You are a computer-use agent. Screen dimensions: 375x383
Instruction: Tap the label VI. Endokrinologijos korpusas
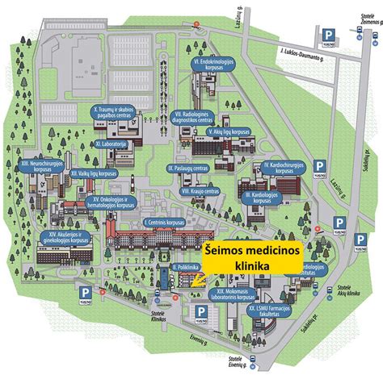(213, 64)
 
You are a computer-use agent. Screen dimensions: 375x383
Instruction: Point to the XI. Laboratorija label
(112, 144)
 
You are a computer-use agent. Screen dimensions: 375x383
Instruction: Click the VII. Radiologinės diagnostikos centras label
(199, 119)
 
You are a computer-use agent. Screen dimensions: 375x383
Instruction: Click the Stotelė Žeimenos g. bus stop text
(367, 23)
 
